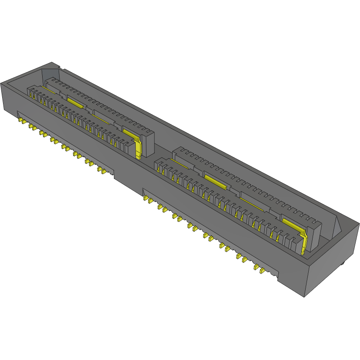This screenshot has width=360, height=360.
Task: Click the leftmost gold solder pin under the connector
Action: [20, 120]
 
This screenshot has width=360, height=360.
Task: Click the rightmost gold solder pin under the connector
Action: [262, 270]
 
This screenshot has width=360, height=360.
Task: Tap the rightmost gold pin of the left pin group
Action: [104, 171]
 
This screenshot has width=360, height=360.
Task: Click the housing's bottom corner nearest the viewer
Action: [303, 297]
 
